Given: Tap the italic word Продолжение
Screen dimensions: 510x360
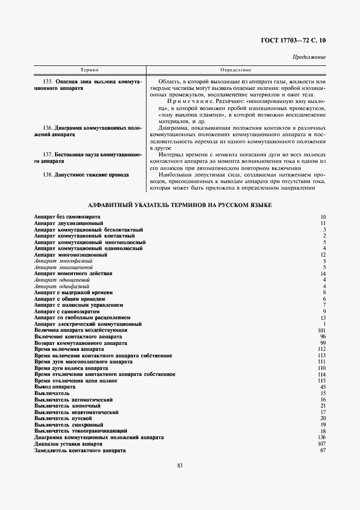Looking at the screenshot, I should point(309,57).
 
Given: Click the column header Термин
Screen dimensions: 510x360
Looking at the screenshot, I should point(89,70).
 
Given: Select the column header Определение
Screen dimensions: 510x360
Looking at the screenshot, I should point(235,70).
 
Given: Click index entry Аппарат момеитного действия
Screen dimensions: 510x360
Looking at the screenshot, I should point(73,274).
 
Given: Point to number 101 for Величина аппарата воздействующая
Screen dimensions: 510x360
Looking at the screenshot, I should point(321,331).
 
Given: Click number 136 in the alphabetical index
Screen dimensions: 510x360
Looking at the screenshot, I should point(321,438).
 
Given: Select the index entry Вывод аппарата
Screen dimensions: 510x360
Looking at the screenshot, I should point(51,387).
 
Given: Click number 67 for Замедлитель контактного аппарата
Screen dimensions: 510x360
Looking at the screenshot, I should point(323,451).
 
